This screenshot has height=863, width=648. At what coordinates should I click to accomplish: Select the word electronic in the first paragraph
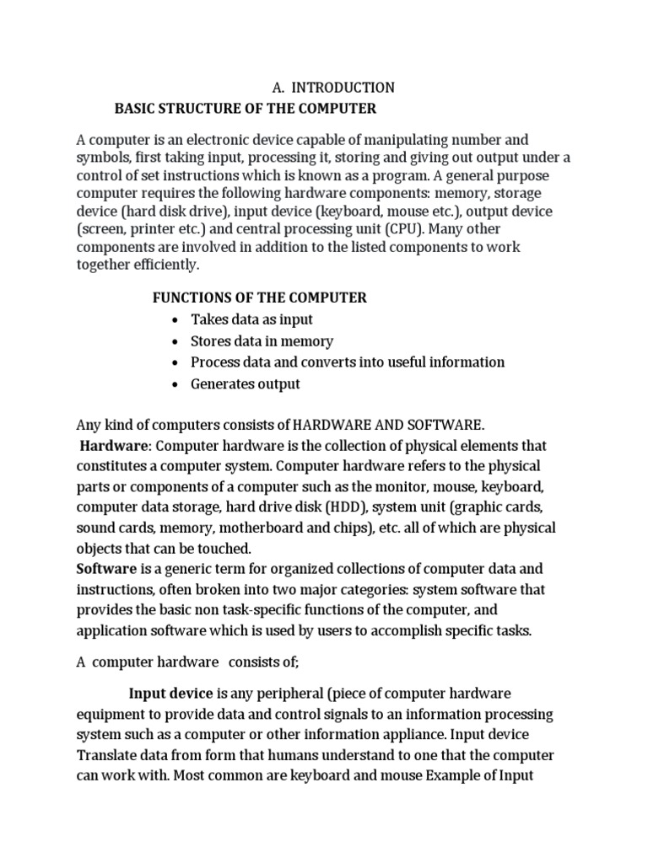pyautogui.click(x=204, y=139)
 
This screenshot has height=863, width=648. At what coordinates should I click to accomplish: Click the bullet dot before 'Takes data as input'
pyautogui.click(x=174, y=320)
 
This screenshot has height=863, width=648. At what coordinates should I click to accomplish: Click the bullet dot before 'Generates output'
pyautogui.click(x=174, y=384)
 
